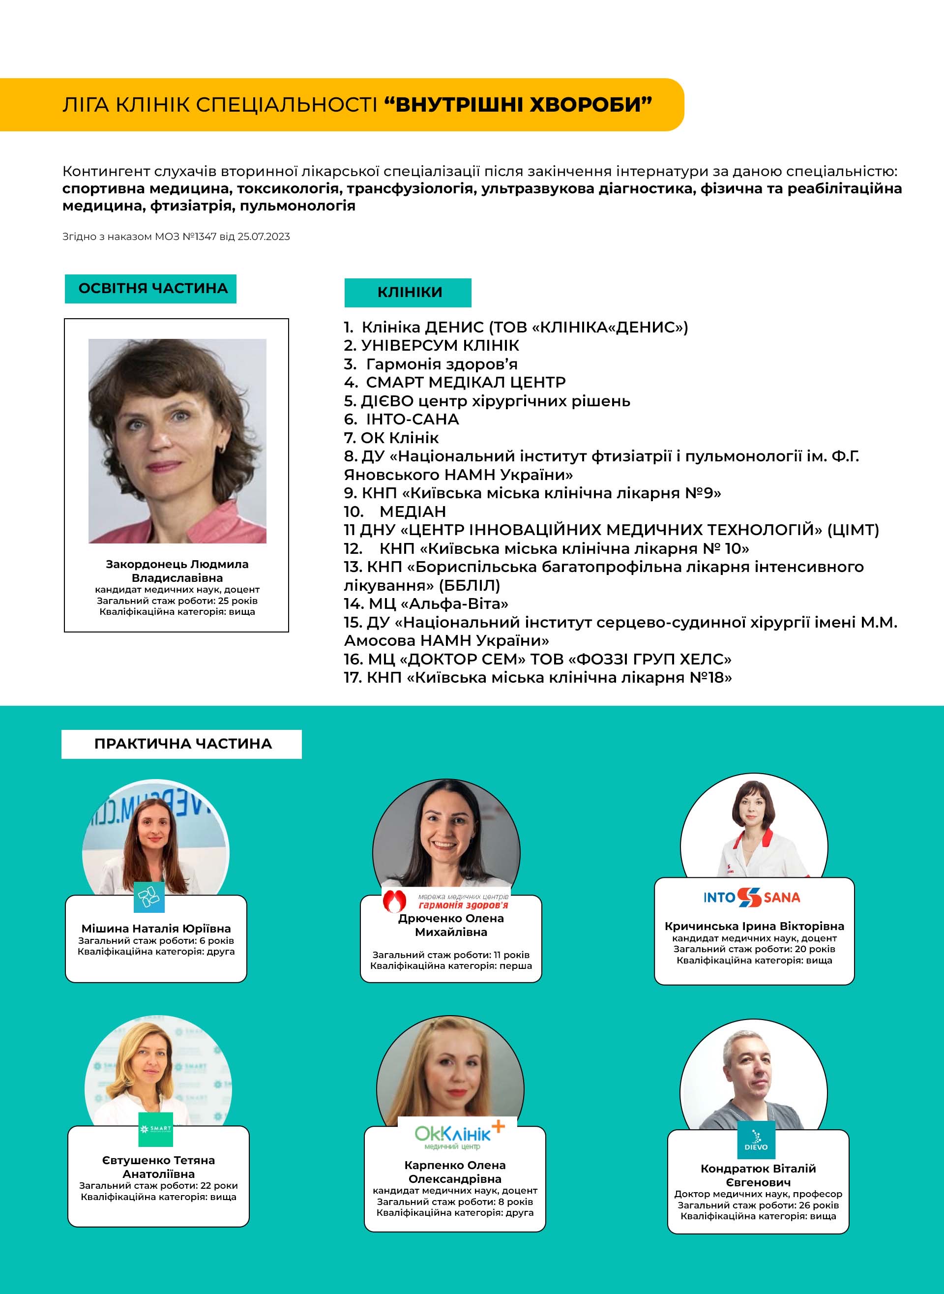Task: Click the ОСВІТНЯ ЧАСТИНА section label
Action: [x=150, y=289]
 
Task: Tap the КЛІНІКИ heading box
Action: [x=408, y=293]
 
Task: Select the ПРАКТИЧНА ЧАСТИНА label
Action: [x=182, y=744]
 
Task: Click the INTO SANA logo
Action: [x=751, y=898]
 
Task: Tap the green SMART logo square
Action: [x=155, y=1129]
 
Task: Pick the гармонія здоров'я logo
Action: [x=446, y=902]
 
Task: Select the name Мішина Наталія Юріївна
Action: [x=156, y=928]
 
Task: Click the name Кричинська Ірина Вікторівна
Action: [x=754, y=926]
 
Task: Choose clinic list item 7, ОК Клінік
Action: [x=391, y=438]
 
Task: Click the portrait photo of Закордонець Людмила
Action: [x=177, y=441]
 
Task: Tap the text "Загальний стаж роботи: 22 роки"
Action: [x=158, y=1185]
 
